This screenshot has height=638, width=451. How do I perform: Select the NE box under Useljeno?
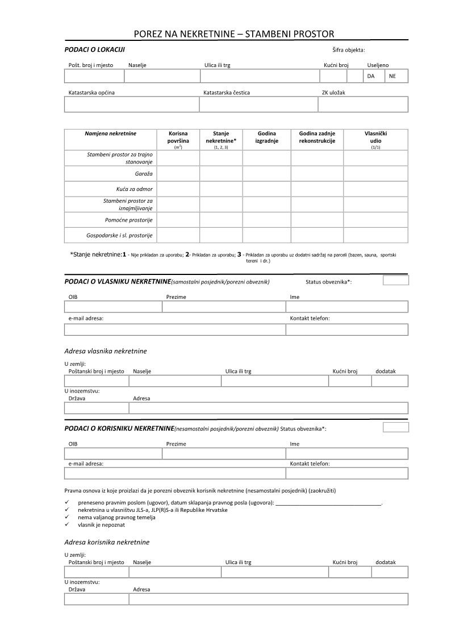[x=396, y=76]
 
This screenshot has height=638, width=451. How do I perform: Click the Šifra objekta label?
[x=349, y=51]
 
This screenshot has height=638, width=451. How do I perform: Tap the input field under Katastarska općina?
[x=132, y=105]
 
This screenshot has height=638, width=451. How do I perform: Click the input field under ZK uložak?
[x=363, y=105]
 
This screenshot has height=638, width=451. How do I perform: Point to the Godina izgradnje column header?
[x=266, y=137]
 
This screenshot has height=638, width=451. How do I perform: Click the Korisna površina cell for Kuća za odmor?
[x=178, y=189]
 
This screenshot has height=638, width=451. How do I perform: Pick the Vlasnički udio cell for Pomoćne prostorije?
[x=375, y=219]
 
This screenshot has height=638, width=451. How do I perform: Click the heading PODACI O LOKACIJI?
[x=95, y=51]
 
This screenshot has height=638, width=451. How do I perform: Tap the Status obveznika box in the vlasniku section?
[x=395, y=280]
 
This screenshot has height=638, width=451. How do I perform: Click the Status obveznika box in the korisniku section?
[x=395, y=427]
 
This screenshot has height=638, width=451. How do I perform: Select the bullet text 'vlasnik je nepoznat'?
[x=102, y=525]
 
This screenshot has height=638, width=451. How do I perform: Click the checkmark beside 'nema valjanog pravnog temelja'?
[x=67, y=518]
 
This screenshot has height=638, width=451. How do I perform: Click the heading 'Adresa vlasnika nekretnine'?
[x=106, y=351]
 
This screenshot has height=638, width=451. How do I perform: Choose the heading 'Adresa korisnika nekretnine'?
[x=107, y=542]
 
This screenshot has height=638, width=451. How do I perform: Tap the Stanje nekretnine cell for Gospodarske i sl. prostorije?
[x=221, y=235]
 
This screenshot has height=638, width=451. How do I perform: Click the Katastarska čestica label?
[x=227, y=92]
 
